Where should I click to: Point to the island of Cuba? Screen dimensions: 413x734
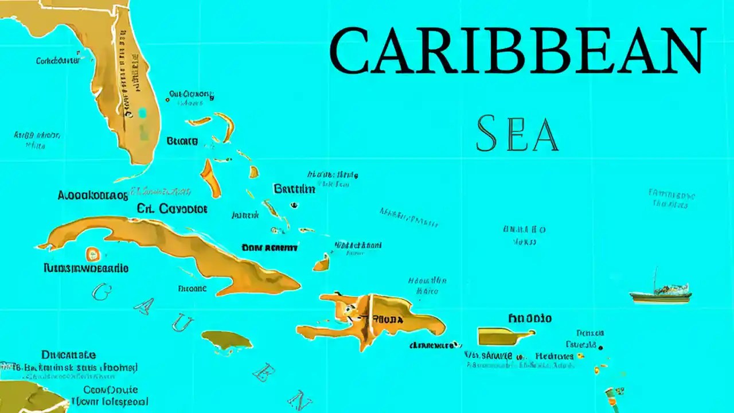pyautogui.click(x=172, y=247)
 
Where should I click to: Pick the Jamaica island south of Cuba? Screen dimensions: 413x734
pyautogui.click(x=227, y=341)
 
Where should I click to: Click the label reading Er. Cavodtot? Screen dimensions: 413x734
pyautogui.click(x=172, y=209)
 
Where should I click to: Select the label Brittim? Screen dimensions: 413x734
pyautogui.click(x=294, y=189)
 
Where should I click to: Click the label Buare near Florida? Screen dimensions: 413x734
pyautogui.click(x=182, y=141)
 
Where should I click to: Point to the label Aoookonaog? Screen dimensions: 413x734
pyautogui.click(x=93, y=195)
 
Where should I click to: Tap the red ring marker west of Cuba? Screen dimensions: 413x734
pyautogui.click(x=92, y=253)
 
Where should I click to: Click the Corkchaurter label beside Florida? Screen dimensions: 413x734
pyautogui.click(x=58, y=60)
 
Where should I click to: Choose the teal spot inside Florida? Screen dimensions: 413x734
pyautogui.click(x=142, y=113)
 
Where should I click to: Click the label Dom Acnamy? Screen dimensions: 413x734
pyautogui.click(x=270, y=248)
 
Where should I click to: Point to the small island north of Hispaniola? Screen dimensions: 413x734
pyautogui.click(x=322, y=263)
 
